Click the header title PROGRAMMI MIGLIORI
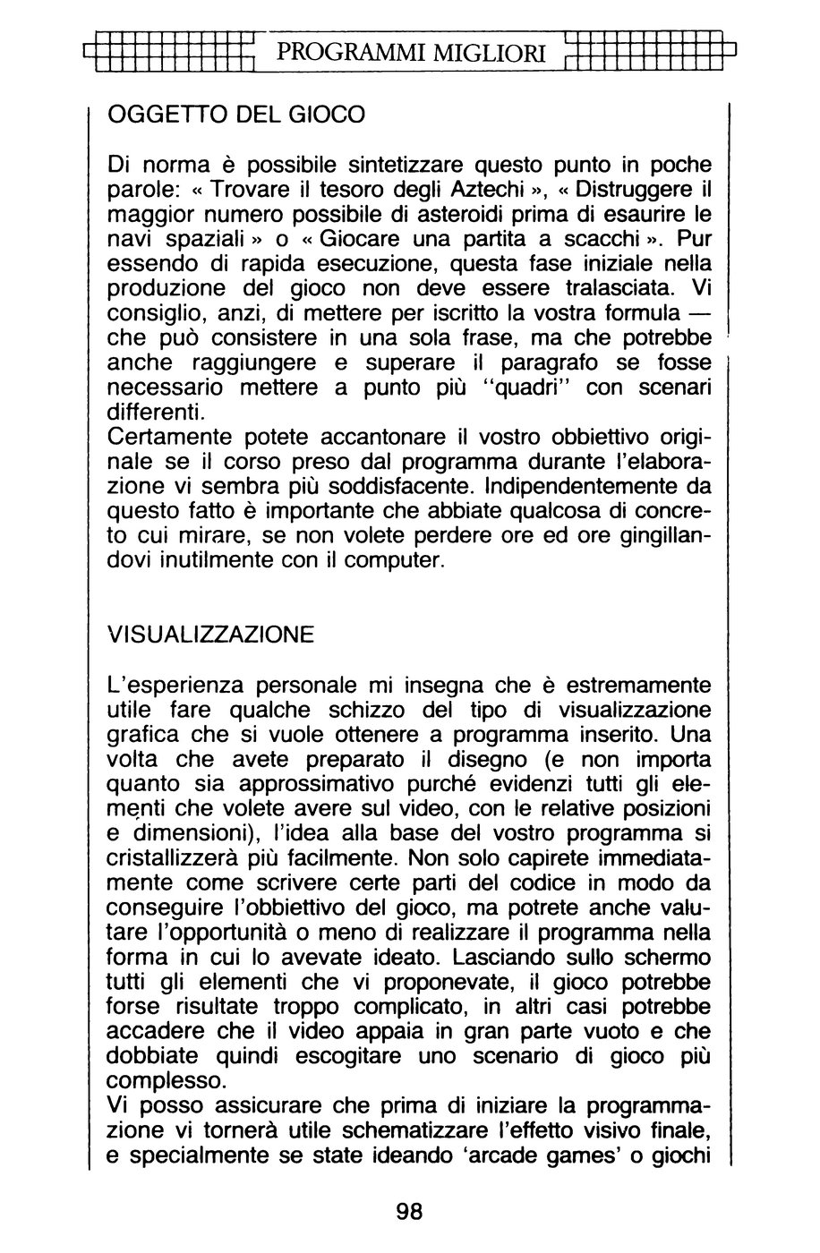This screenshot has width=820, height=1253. click(411, 54)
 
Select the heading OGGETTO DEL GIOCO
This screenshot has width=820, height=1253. click(235, 115)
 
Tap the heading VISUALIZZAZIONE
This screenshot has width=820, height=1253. click(210, 635)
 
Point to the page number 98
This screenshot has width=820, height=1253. click(408, 1213)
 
